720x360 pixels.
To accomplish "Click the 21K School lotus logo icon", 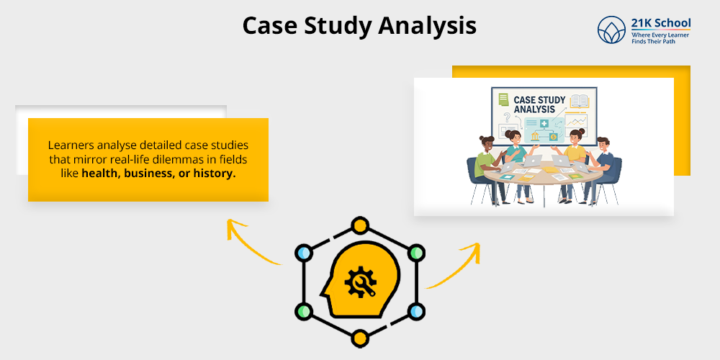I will [x=611, y=30].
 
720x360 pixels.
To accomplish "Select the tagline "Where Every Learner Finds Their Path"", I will [x=660, y=39].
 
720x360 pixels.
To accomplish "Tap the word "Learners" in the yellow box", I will [x=71, y=143].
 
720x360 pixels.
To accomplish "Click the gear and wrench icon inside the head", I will [x=357, y=282].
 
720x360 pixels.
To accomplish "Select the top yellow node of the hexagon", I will [x=359, y=225].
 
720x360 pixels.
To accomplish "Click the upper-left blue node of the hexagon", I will [x=304, y=253].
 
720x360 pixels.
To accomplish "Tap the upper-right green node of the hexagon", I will [x=415, y=253].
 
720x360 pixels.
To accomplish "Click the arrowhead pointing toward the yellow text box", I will [x=233, y=225].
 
